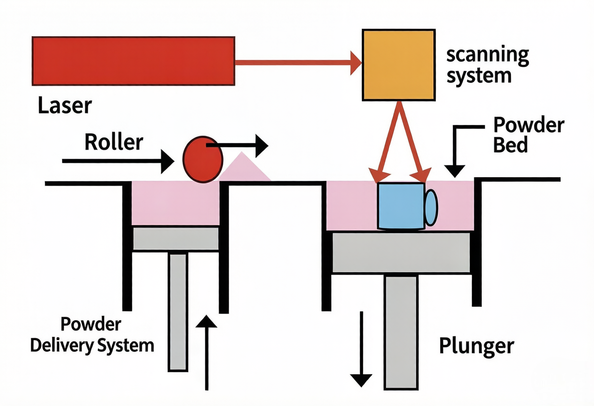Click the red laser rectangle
[x=133, y=61]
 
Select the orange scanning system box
[x=398, y=65]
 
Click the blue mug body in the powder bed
[x=401, y=205]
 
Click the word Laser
[x=64, y=105]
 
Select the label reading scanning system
[x=487, y=65]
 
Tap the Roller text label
[x=114, y=142]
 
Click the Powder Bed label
[x=528, y=135]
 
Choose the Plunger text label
[x=476, y=345]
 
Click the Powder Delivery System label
[x=92, y=335]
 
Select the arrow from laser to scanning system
[x=298, y=63]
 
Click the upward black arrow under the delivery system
[x=208, y=351]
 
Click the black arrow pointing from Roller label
[x=117, y=161]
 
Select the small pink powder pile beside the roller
[x=244, y=169]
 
